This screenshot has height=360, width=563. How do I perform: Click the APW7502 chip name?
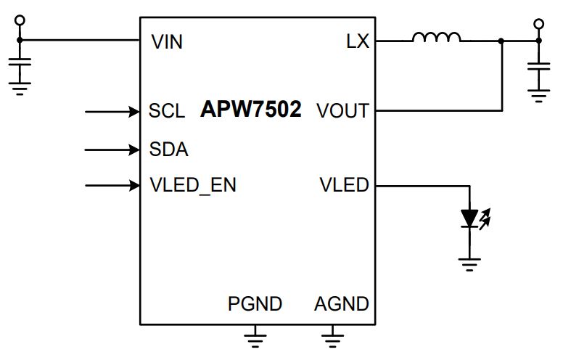250,109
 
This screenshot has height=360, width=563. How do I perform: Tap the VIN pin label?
167,41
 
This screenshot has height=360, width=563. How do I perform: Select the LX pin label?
358,41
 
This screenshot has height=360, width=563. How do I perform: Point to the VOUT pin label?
342,110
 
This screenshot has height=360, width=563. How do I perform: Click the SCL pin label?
167,110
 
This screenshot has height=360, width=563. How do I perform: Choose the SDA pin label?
169,149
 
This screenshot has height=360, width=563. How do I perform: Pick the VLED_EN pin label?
193,185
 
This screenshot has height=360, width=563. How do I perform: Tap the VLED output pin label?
345,185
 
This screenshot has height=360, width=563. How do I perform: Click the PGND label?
255,304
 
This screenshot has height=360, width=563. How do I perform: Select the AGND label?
342,304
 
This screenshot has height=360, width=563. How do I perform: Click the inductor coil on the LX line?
436,37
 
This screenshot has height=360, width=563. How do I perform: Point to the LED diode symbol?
469,218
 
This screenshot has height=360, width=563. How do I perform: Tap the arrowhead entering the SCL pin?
134,112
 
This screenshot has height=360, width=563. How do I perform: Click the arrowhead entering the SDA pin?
134,150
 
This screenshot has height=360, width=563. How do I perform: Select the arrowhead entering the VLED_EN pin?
134,185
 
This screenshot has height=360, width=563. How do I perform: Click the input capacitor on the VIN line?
20,62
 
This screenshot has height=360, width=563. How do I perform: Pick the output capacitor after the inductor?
538,67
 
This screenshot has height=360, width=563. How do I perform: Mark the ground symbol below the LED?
469,264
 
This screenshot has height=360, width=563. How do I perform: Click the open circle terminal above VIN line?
20,20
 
